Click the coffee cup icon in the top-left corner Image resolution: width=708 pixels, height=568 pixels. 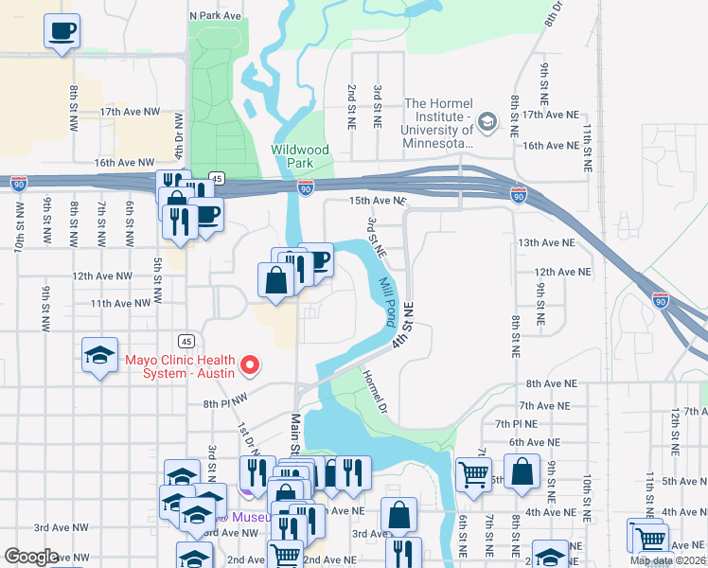pos(62,31)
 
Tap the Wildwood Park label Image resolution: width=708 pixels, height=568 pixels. pos(300,156)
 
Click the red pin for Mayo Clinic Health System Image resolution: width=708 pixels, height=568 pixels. pos(250,364)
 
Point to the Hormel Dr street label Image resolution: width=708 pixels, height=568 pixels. pos(377,391)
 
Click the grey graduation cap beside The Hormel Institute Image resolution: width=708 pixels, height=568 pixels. pos(487,122)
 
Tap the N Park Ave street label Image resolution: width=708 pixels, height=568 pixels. pos(217,16)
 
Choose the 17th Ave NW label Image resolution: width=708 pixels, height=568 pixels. pos(131,112)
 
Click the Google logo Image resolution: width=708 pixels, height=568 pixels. pos(31,557)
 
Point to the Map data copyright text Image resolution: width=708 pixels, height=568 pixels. pos(667,560)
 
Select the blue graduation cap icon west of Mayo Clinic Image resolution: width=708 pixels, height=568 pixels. pos(100,355)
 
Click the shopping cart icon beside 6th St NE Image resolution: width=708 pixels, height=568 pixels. pos(473,472)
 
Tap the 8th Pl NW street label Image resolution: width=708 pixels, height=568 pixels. pos(224,401)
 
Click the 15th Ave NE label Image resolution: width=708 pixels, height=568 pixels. pos(377,202)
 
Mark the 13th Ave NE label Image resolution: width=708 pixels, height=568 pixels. pos(554,243)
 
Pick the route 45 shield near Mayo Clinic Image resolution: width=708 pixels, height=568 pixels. pos(185,340)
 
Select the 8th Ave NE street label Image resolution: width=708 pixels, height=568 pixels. pos(552,383)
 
